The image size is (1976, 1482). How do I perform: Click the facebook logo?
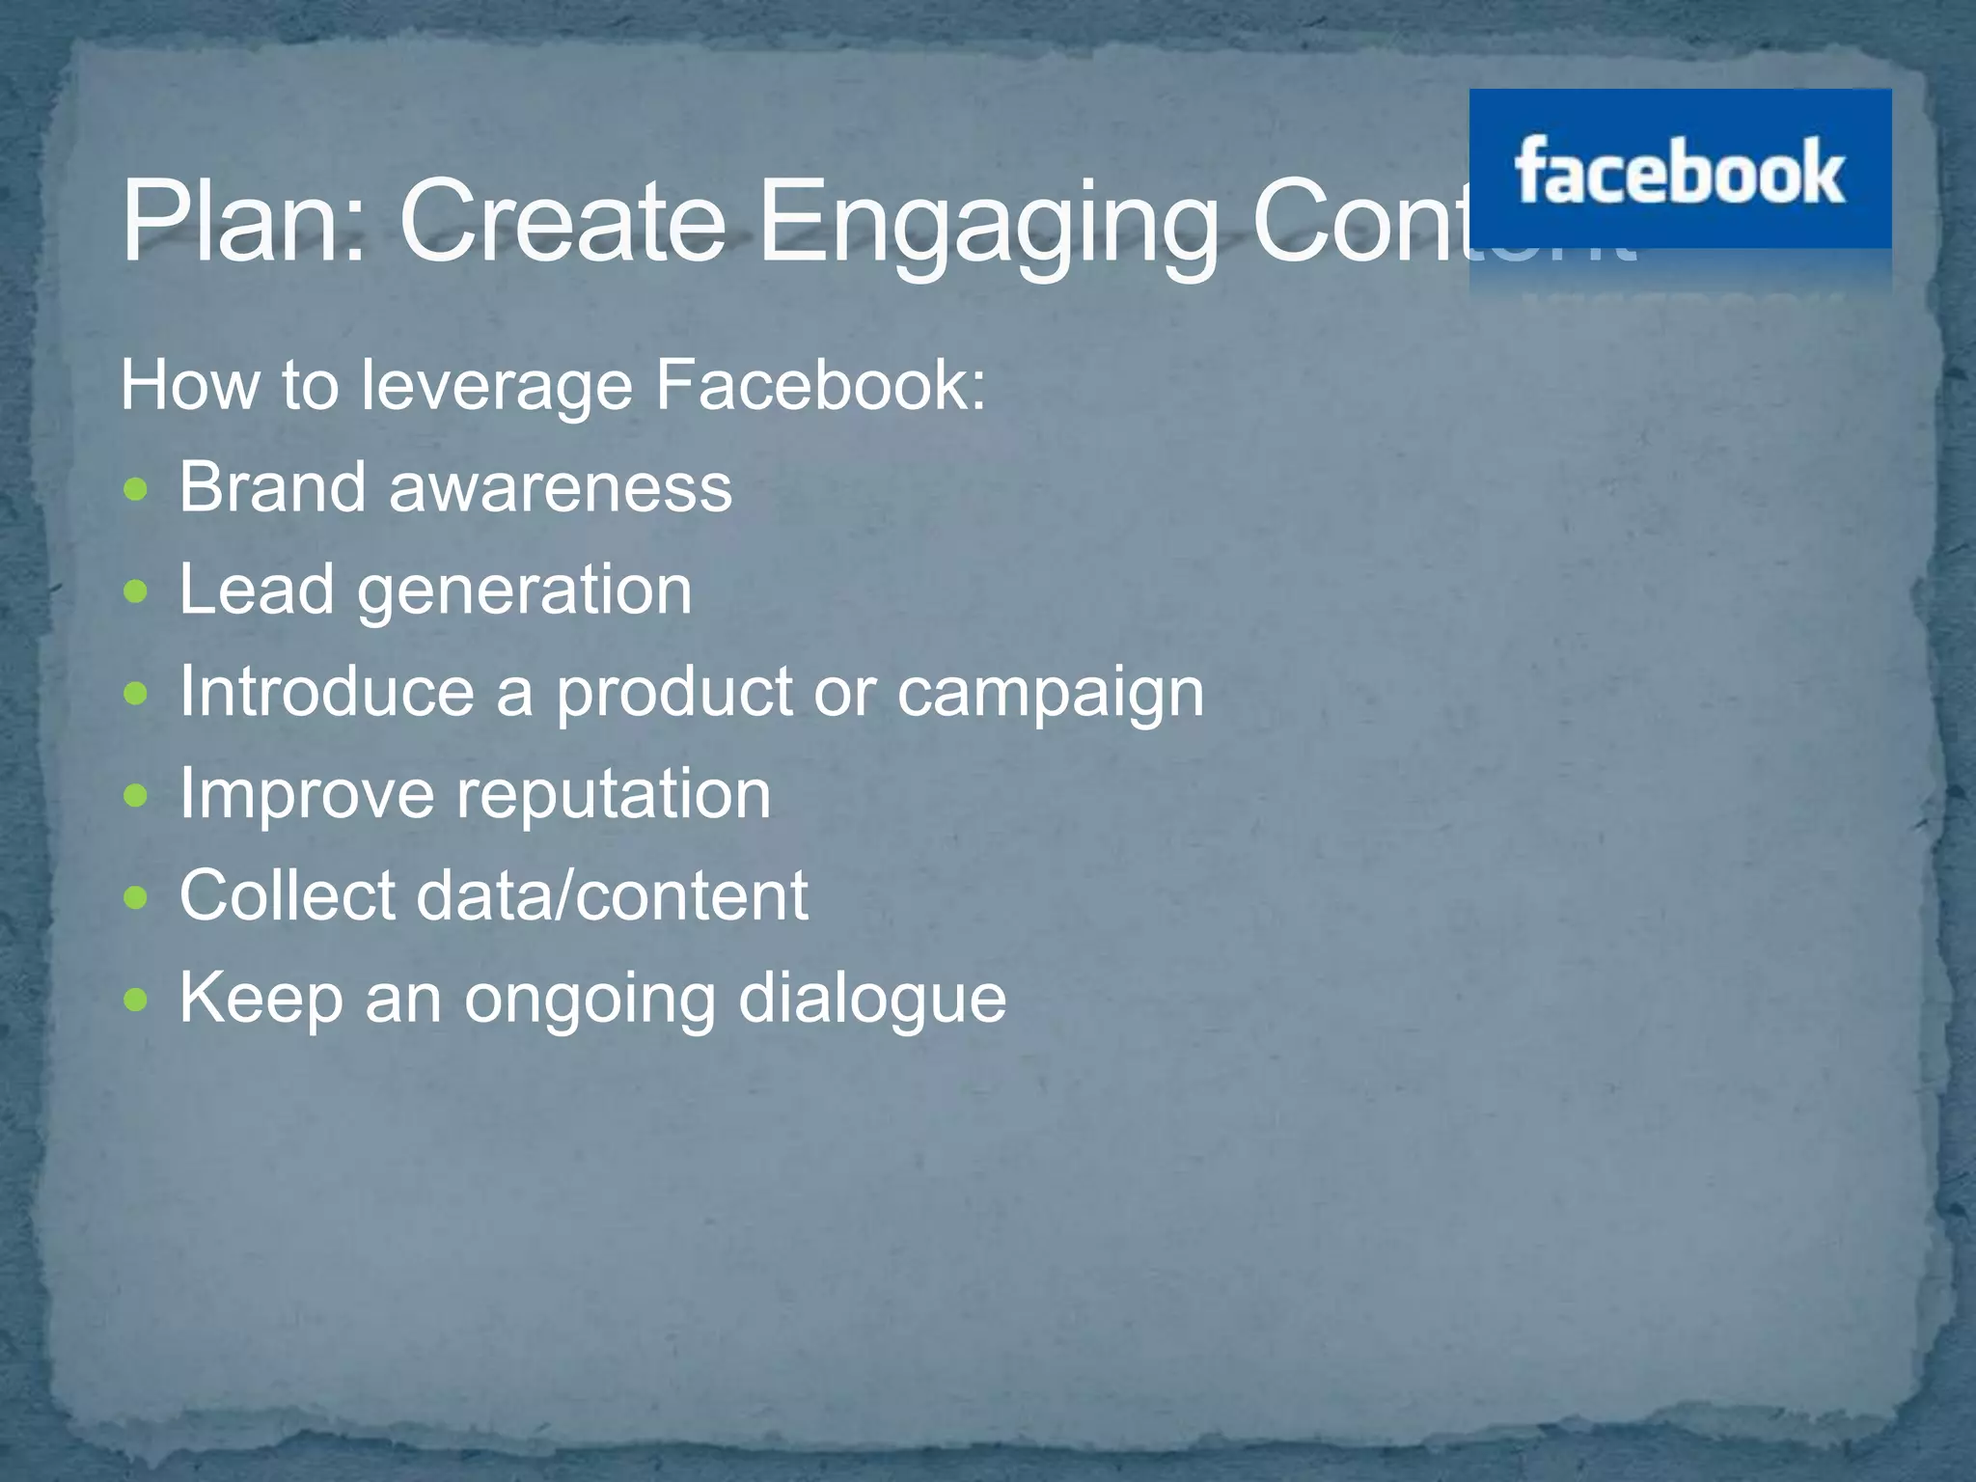click(x=1679, y=170)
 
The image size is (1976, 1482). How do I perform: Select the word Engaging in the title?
click(x=988, y=224)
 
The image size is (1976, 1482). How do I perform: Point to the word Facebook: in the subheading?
click(x=820, y=384)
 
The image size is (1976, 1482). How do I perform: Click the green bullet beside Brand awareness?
click(x=137, y=488)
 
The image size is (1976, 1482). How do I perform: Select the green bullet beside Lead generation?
click(x=137, y=590)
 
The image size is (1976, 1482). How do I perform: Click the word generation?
click(x=525, y=590)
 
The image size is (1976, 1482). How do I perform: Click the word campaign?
click(x=1051, y=695)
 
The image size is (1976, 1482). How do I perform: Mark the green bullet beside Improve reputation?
click(x=137, y=795)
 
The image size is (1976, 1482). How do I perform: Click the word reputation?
click(x=614, y=796)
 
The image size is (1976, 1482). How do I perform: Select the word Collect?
click(x=288, y=895)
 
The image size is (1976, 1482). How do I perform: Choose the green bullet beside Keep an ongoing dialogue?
click(x=137, y=1000)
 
